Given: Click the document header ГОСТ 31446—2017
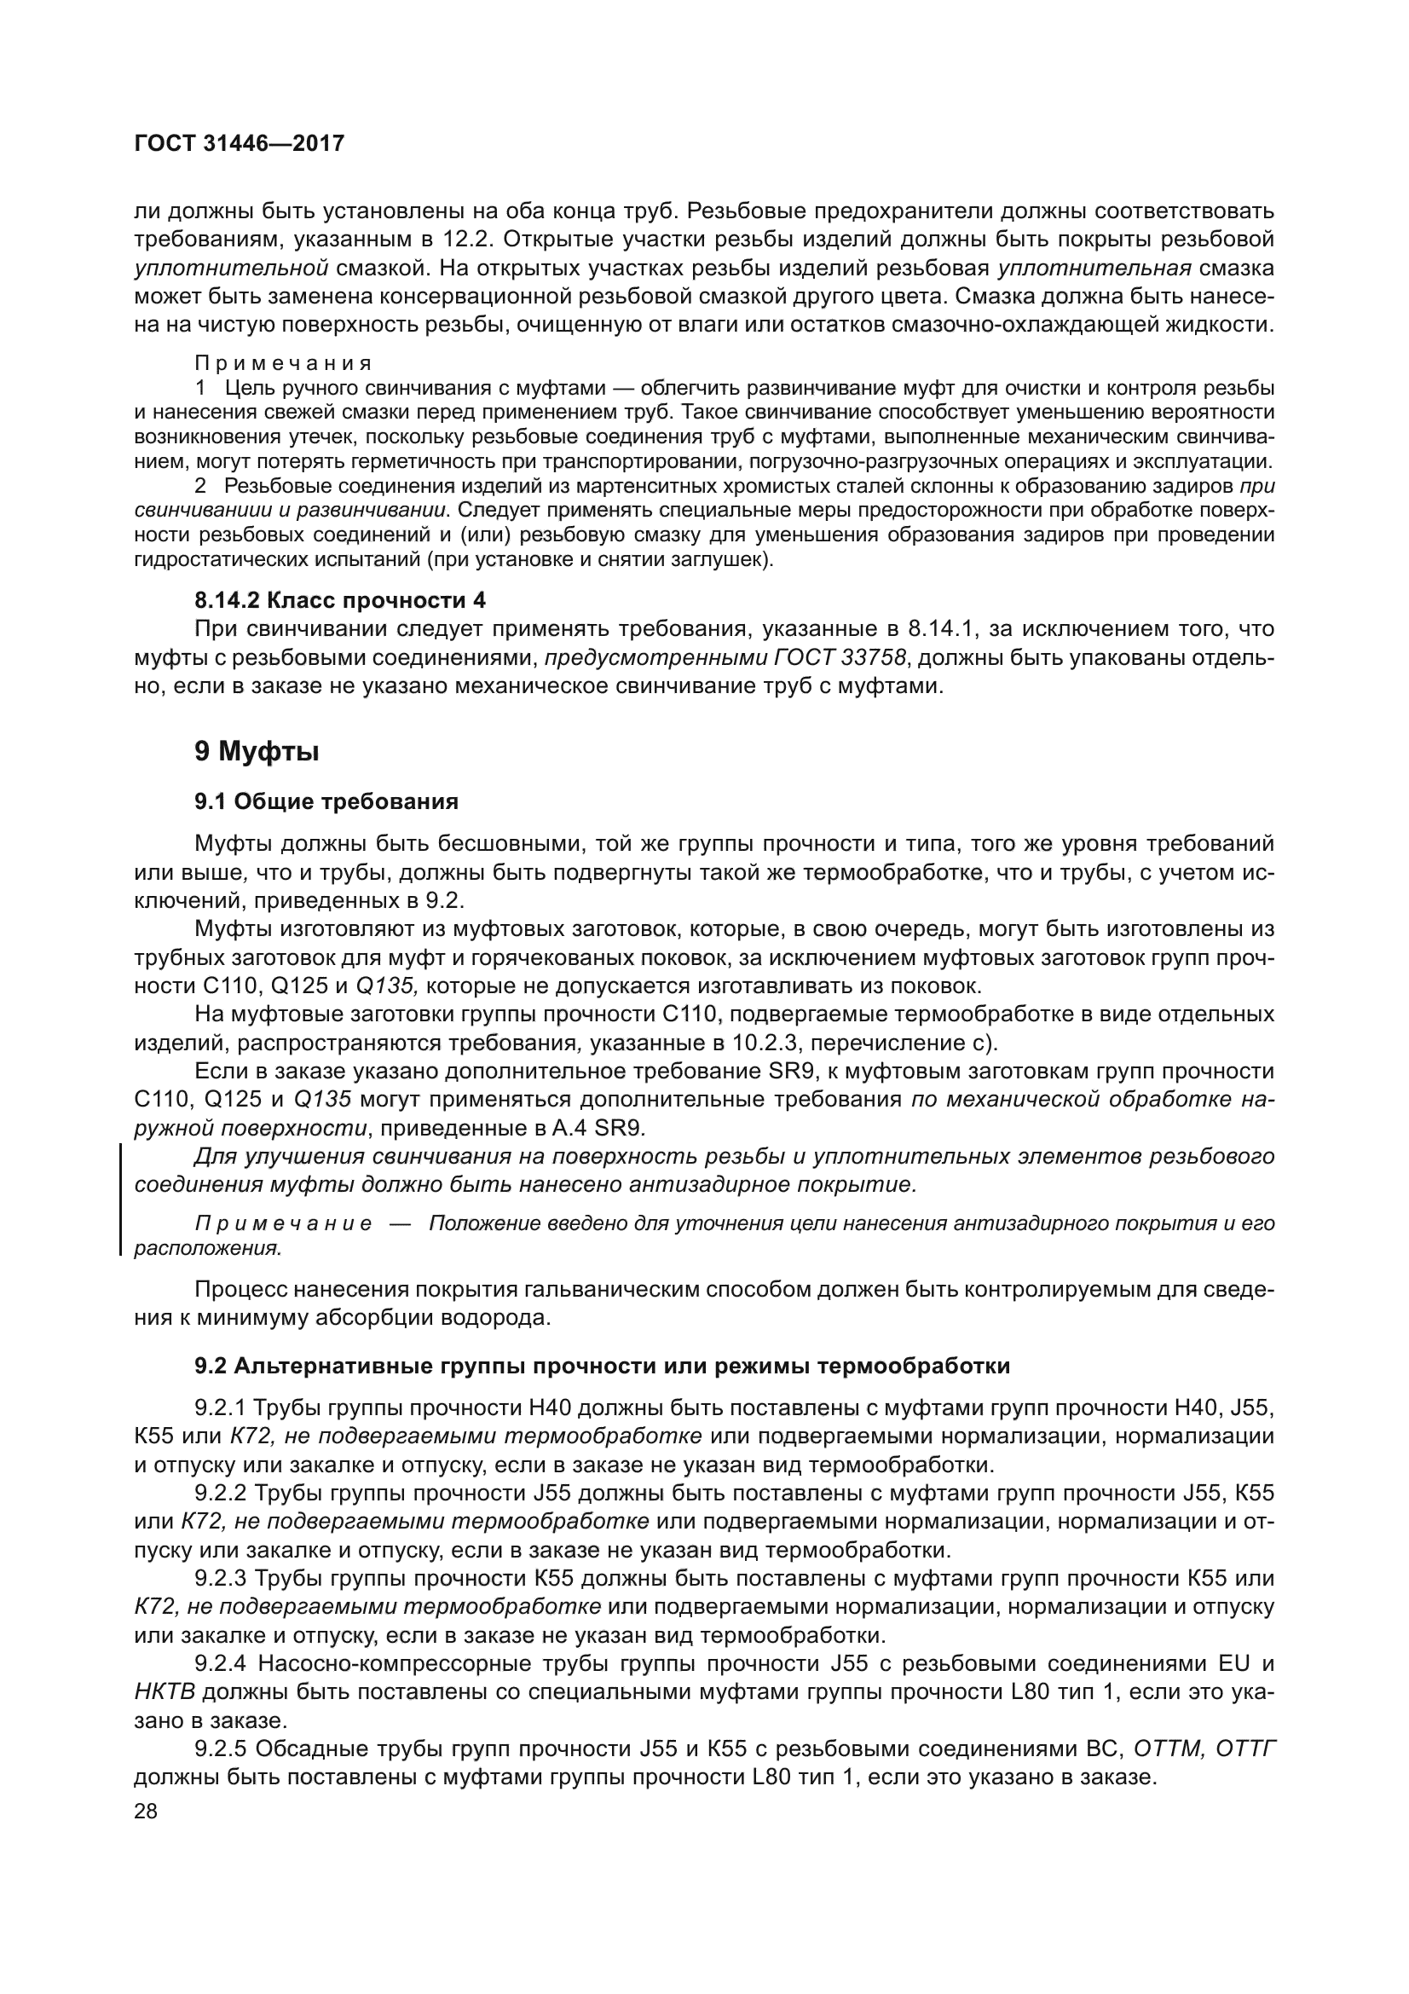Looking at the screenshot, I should point(240,143).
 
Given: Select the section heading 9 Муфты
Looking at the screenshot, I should point(256,751).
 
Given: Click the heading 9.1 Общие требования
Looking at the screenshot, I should point(326,800).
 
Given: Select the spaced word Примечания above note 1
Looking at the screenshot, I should point(283,363).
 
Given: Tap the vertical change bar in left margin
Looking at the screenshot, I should point(120,1199).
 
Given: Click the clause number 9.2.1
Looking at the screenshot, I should point(221,1407).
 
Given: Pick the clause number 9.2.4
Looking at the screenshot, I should point(221,1664).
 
